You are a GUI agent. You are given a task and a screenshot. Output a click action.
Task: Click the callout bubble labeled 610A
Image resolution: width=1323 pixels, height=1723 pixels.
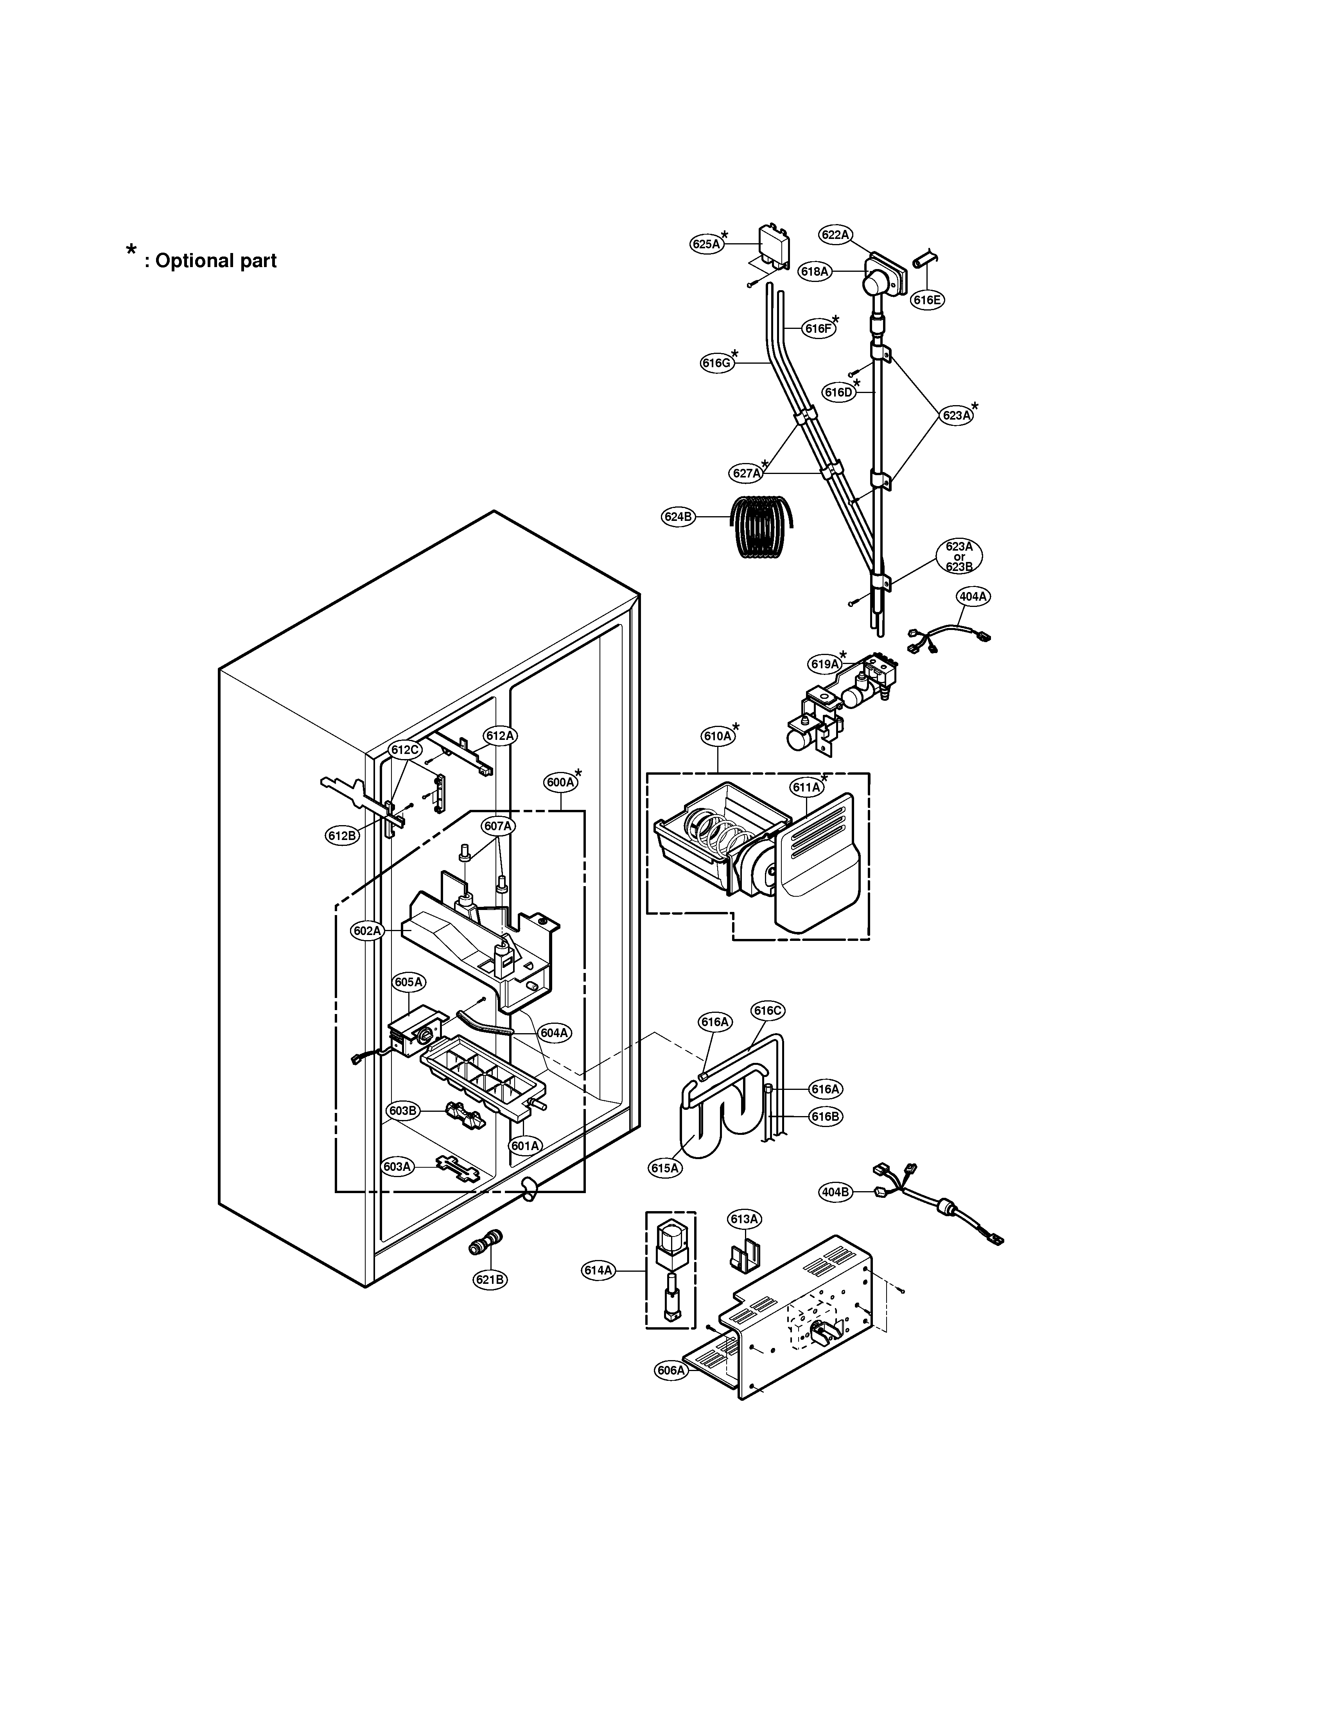click(x=717, y=736)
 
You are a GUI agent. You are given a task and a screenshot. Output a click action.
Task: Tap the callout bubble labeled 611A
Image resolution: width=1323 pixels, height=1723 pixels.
click(x=806, y=787)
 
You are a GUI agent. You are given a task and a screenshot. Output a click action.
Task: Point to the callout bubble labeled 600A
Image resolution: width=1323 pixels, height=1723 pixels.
click(x=560, y=782)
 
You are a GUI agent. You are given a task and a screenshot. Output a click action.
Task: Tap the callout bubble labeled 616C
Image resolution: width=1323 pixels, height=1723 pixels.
click(x=768, y=1010)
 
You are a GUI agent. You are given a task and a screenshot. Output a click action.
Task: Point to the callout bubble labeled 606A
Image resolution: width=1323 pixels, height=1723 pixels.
click(x=671, y=1370)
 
